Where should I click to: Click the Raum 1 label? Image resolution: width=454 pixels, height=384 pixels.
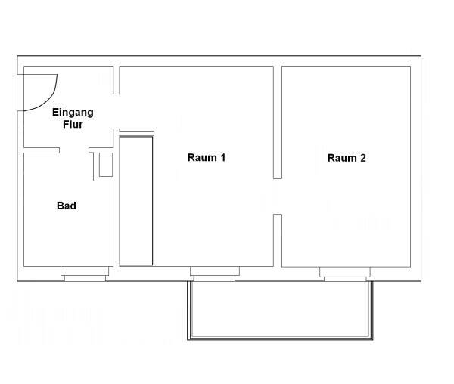[207, 158]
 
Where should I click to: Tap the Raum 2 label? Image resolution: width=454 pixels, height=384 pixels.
[347, 158]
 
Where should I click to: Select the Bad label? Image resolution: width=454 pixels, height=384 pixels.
[67, 206]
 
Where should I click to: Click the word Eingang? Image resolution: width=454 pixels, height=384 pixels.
[73, 113]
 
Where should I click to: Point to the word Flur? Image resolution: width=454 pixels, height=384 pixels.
[73, 125]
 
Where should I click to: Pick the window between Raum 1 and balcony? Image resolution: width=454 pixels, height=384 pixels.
[215, 274]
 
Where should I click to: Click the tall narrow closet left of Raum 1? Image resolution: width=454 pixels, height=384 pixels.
[137, 200]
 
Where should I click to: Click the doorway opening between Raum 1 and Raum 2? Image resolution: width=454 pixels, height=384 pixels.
[278, 197]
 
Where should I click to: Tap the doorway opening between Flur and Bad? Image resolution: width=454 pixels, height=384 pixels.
[74, 150]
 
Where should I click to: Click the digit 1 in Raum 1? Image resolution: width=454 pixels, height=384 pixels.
[222, 158]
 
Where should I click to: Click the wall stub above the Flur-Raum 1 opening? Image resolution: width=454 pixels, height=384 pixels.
[117, 80]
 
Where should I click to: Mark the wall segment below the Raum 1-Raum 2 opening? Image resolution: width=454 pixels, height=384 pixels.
[278, 240]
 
